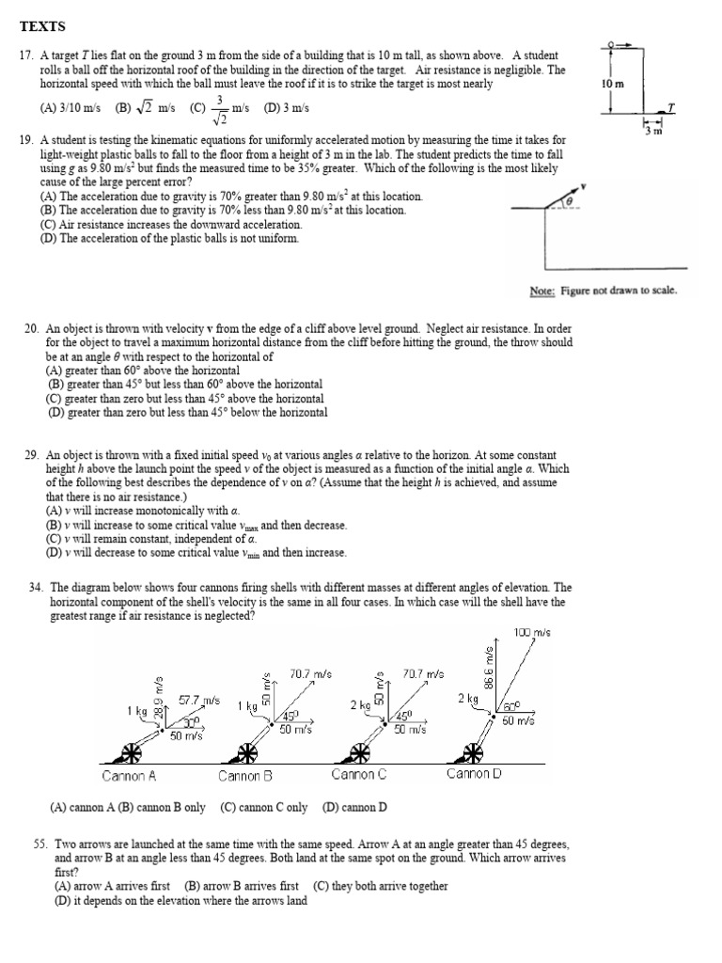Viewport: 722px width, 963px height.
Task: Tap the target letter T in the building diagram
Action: point(670,107)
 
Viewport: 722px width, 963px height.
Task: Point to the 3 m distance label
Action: point(653,131)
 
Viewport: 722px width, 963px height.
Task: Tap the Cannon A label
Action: point(129,776)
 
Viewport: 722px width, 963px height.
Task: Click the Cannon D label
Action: point(474,774)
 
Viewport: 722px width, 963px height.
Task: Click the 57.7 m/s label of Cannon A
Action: point(199,701)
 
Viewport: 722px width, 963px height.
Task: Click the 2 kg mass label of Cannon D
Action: point(468,699)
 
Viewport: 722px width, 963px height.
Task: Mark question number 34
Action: point(38,588)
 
